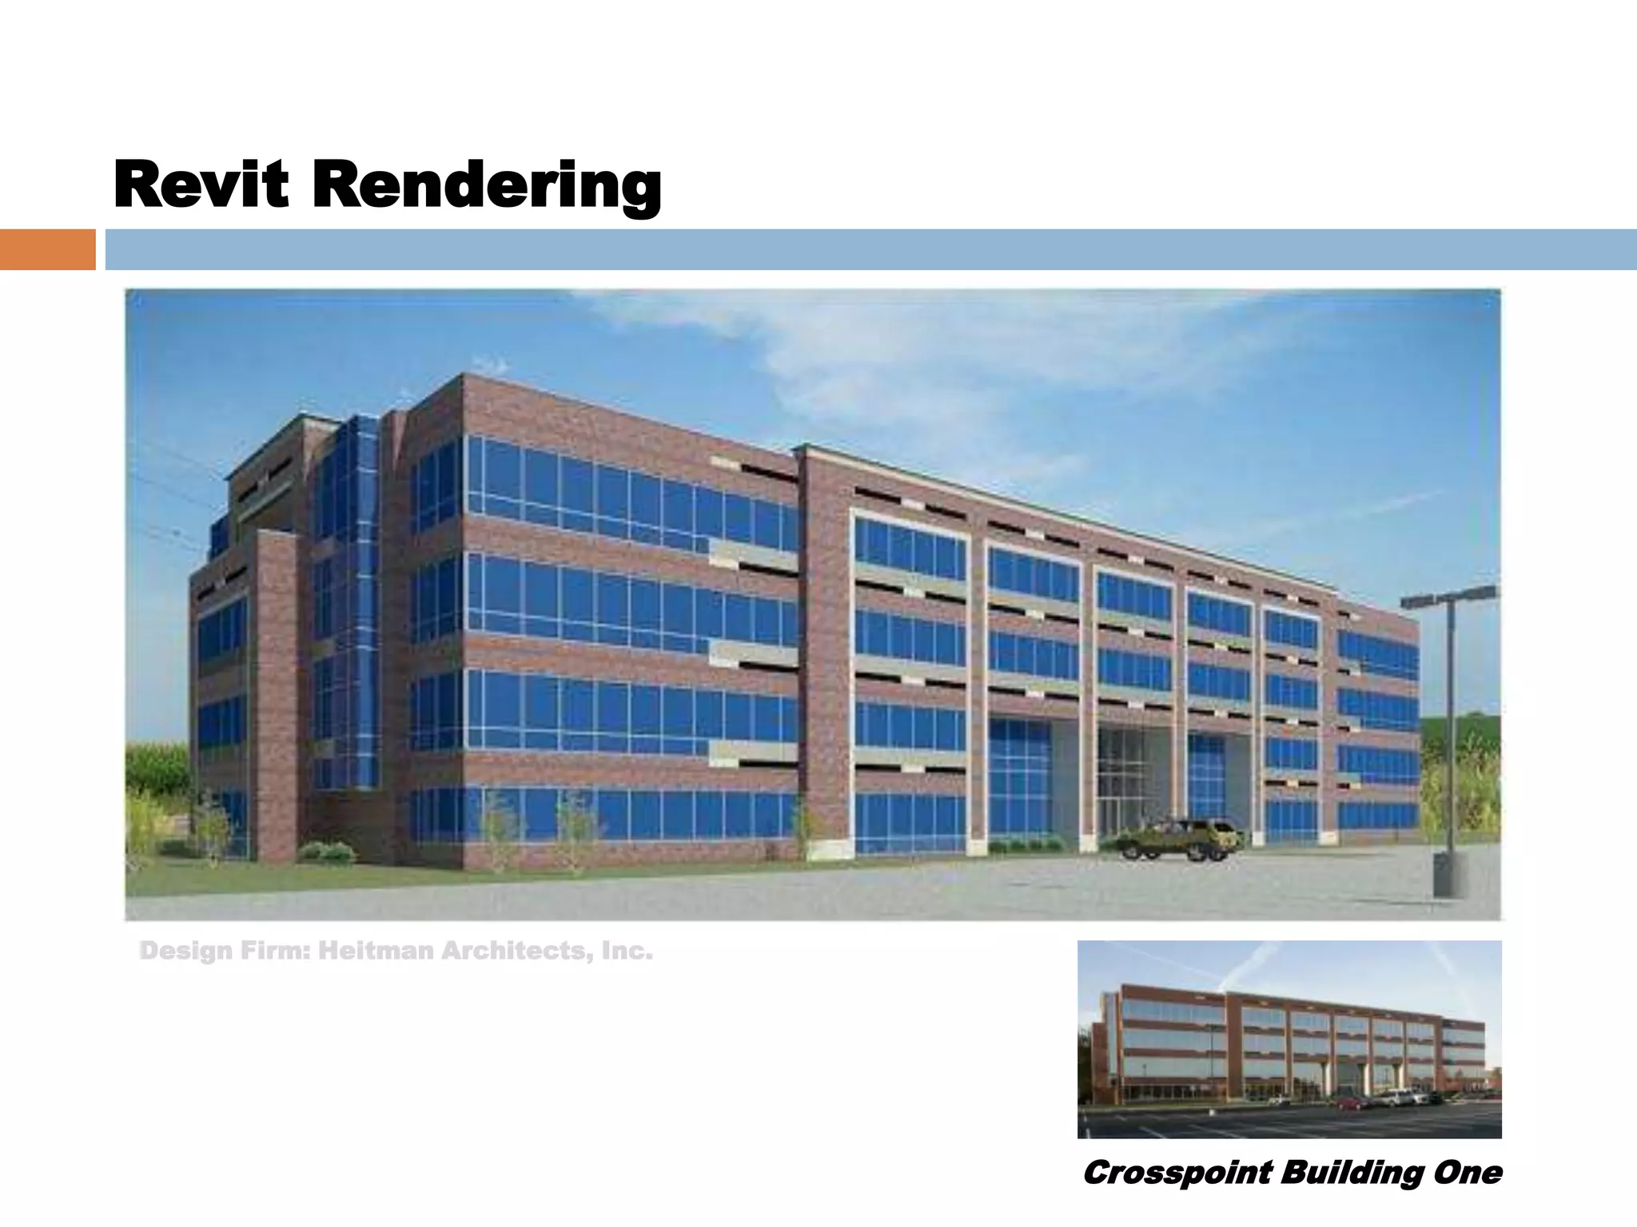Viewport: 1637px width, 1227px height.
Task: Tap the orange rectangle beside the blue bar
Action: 47,249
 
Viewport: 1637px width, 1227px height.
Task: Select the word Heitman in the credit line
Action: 375,951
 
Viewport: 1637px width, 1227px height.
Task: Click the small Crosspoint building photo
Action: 1288,1038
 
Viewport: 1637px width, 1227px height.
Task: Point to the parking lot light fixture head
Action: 1448,597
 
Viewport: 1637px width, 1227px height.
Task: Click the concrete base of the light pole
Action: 1449,875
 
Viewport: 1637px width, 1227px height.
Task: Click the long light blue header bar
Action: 870,249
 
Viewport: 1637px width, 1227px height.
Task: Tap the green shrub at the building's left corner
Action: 326,852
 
